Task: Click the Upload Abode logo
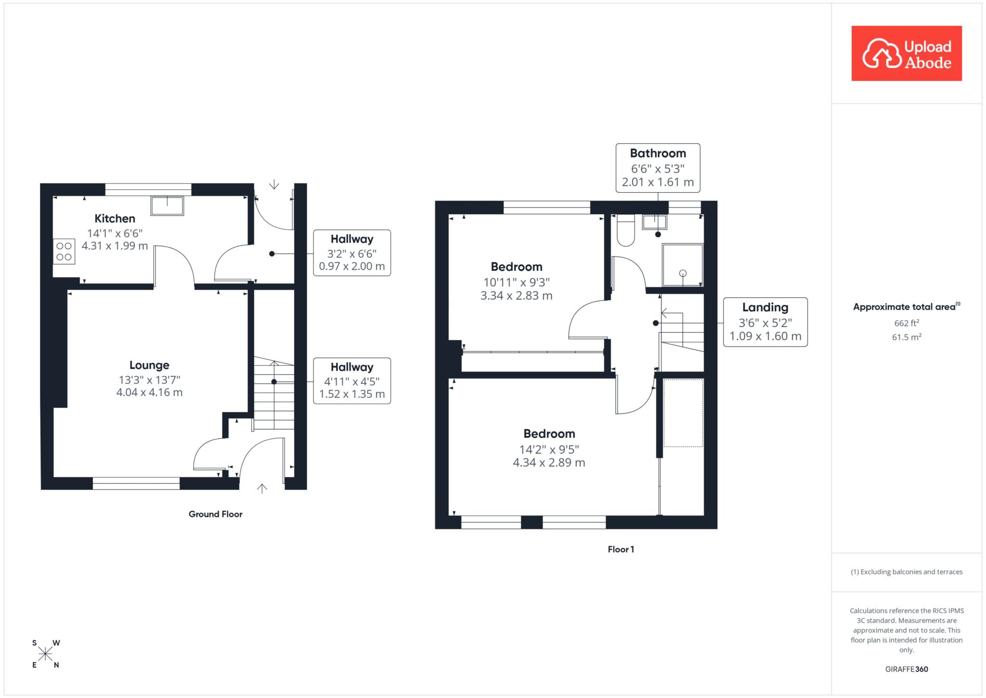[907, 53]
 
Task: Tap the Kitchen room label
[115, 219]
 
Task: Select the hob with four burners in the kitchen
[64, 251]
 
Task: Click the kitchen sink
[167, 206]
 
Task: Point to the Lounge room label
[149, 365]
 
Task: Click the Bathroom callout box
[658, 168]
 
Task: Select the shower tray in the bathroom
[683, 265]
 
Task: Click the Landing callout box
[765, 322]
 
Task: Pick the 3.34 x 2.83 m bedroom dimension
[517, 296]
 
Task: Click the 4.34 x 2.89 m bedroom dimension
[549, 463]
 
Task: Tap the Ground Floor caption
[216, 514]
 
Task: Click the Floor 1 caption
[621, 549]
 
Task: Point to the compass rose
[46, 654]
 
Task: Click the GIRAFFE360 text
[907, 669]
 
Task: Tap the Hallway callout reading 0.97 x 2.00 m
[352, 253]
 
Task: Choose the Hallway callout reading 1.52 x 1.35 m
[352, 381]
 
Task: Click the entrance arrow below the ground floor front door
[262, 489]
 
